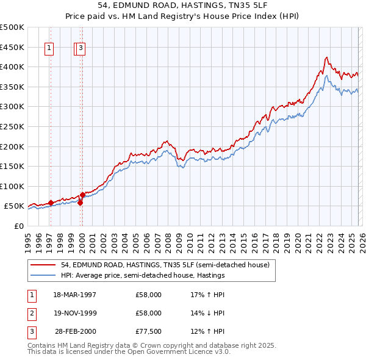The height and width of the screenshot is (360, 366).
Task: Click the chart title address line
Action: pos(183,5)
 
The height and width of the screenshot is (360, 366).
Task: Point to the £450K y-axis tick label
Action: pos(12,47)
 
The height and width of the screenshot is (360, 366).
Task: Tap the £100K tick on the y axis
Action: pos(12,186)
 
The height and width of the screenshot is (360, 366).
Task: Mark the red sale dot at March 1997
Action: pos(51,203)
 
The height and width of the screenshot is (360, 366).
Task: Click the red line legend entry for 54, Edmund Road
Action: pos(165,265)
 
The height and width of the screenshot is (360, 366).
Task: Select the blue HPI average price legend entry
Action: pos(143,275)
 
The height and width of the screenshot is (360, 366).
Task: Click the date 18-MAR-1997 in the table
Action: pos(75,295)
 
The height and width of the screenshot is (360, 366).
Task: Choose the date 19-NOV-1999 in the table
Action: pos(75,313)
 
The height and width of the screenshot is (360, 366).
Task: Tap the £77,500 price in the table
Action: pos(149,331)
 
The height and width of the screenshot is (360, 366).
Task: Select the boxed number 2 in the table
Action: pos(31,313)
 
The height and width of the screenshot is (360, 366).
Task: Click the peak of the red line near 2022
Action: pos(326,57)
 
